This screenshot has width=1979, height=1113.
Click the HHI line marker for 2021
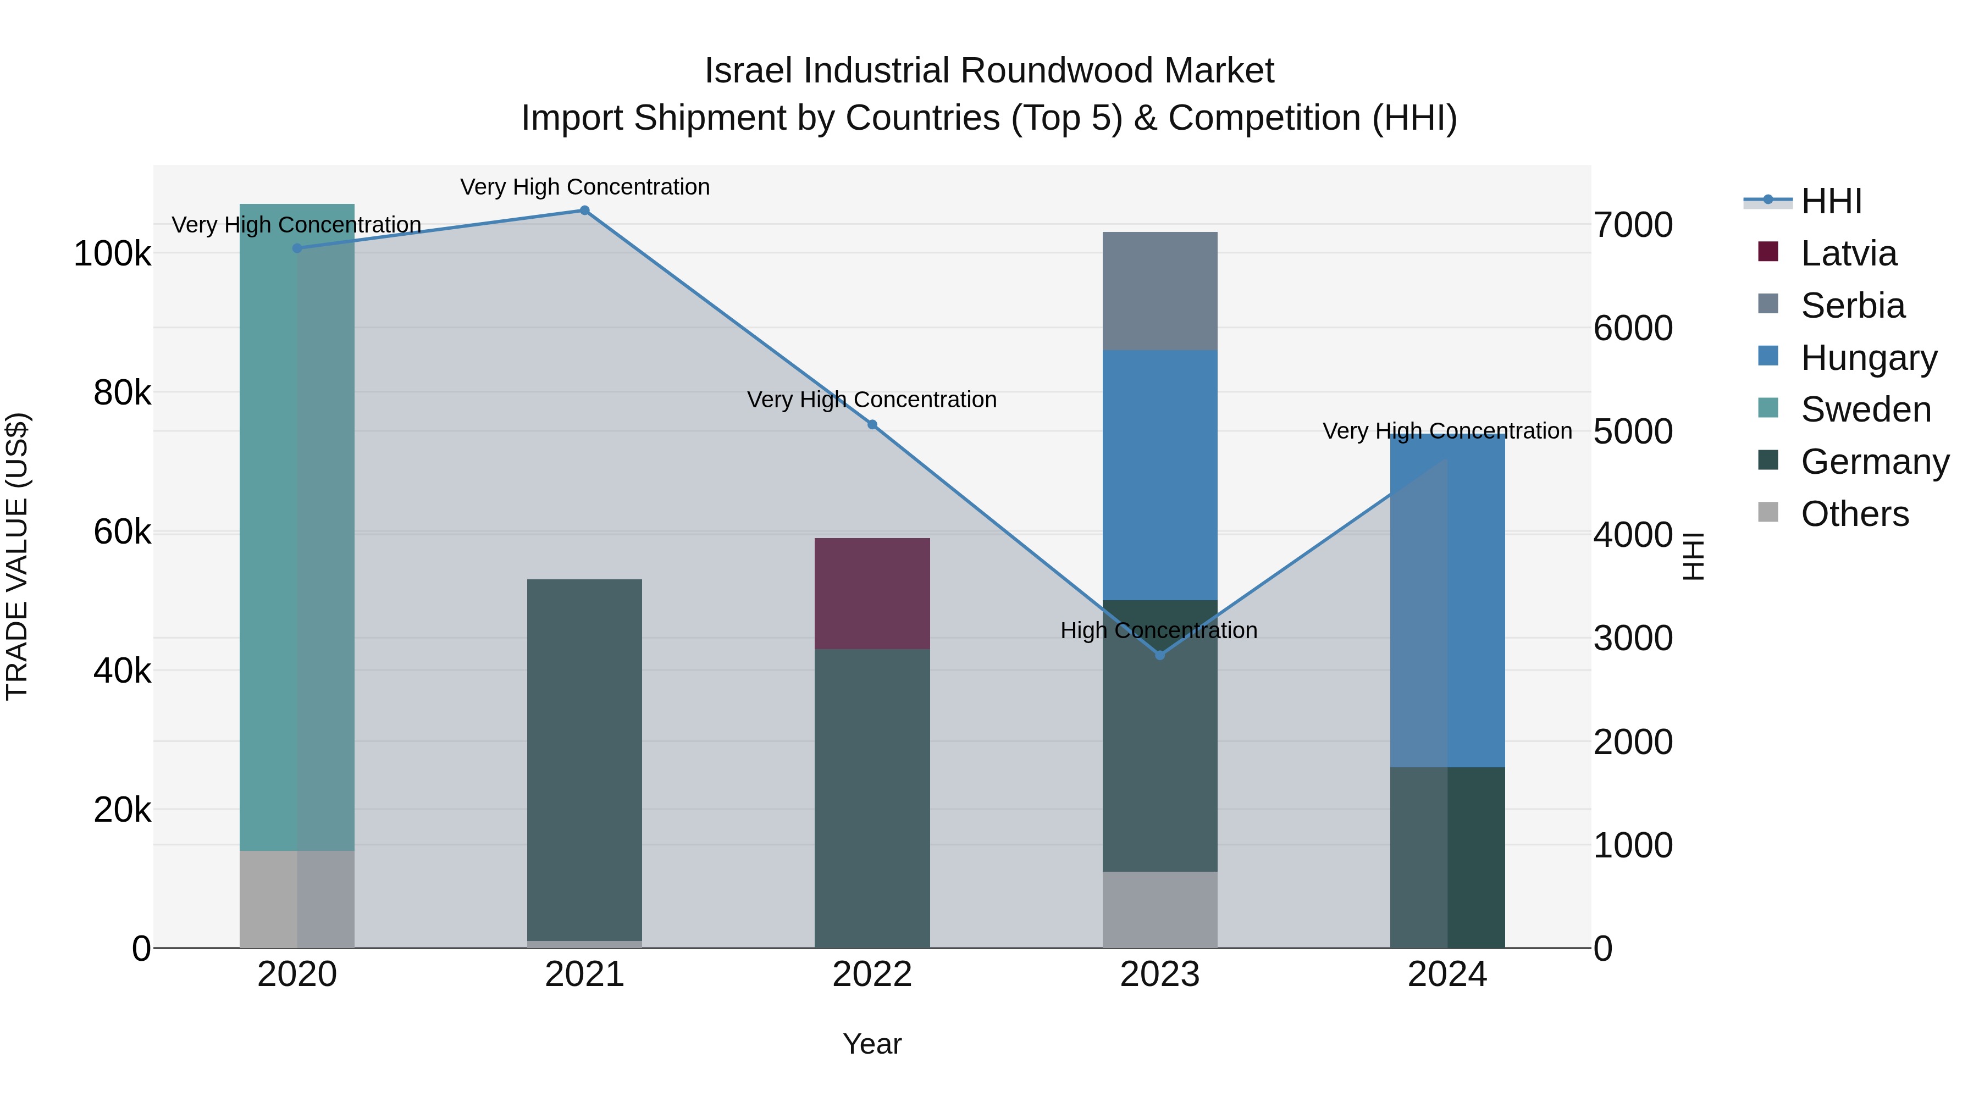(585, 211)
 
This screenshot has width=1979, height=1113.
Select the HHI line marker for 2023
(1160, 655)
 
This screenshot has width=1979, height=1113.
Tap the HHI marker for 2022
(872, 425)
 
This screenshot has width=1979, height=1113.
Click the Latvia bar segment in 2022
(872, 593)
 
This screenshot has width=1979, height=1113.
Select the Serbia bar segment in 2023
(1160, 291)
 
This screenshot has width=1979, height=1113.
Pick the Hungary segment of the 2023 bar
(1160, 475)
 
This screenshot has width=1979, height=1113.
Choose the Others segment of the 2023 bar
(1160, 910)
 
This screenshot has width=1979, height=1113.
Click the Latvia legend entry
(1848, 253)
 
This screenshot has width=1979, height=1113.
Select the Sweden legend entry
(1865, 409)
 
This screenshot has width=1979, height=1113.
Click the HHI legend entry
(1831, 201)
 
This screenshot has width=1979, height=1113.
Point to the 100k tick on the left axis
(112, 253)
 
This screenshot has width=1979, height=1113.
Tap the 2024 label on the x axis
(1447, 974)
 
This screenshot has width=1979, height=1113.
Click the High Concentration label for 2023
(1158, 630)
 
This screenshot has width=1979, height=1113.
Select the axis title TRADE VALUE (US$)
(17, 556)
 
